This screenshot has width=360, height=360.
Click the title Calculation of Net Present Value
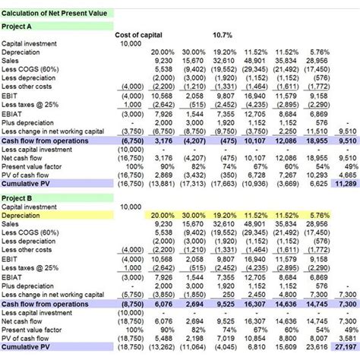pyautogui.click(x=57, y=14)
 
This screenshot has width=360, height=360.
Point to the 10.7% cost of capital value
pyautogui.click(x=223, y=35)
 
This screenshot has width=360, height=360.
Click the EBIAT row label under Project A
pyautogui.click(x=14, y=112)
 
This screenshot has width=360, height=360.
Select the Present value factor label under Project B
pyautogui.click(x=34, y=330)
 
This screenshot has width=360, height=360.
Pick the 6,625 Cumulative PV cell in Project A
pyautogui.click(x=318, y=183)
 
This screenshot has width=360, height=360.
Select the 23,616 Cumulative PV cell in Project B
pyautogui.click(x=318, y=346)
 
